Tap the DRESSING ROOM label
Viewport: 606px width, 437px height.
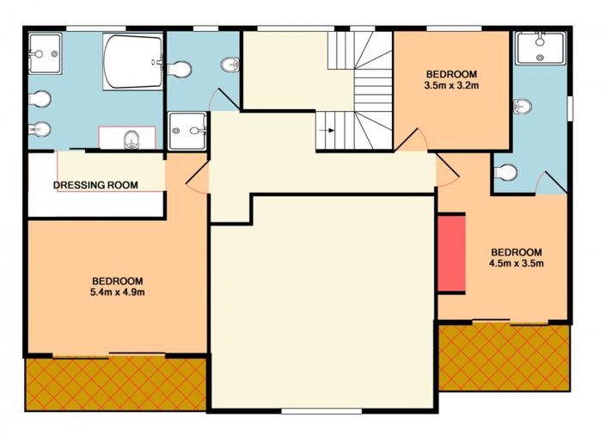coord(95,185)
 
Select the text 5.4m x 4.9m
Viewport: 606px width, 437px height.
coord(118,292)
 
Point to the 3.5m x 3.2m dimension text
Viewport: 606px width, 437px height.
coord(450,86)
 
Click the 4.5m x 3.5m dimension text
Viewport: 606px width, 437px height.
coord(516,263)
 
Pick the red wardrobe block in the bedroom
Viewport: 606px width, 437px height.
coord(451,255)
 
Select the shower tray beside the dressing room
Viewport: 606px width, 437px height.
coord(187,132)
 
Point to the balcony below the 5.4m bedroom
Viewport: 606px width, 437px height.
coord(115,383)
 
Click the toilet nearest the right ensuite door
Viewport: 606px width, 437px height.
coord(506,173)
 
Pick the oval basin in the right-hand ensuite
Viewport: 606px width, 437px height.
coord(521,107)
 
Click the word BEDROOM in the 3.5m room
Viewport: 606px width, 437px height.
coord(450,74)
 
